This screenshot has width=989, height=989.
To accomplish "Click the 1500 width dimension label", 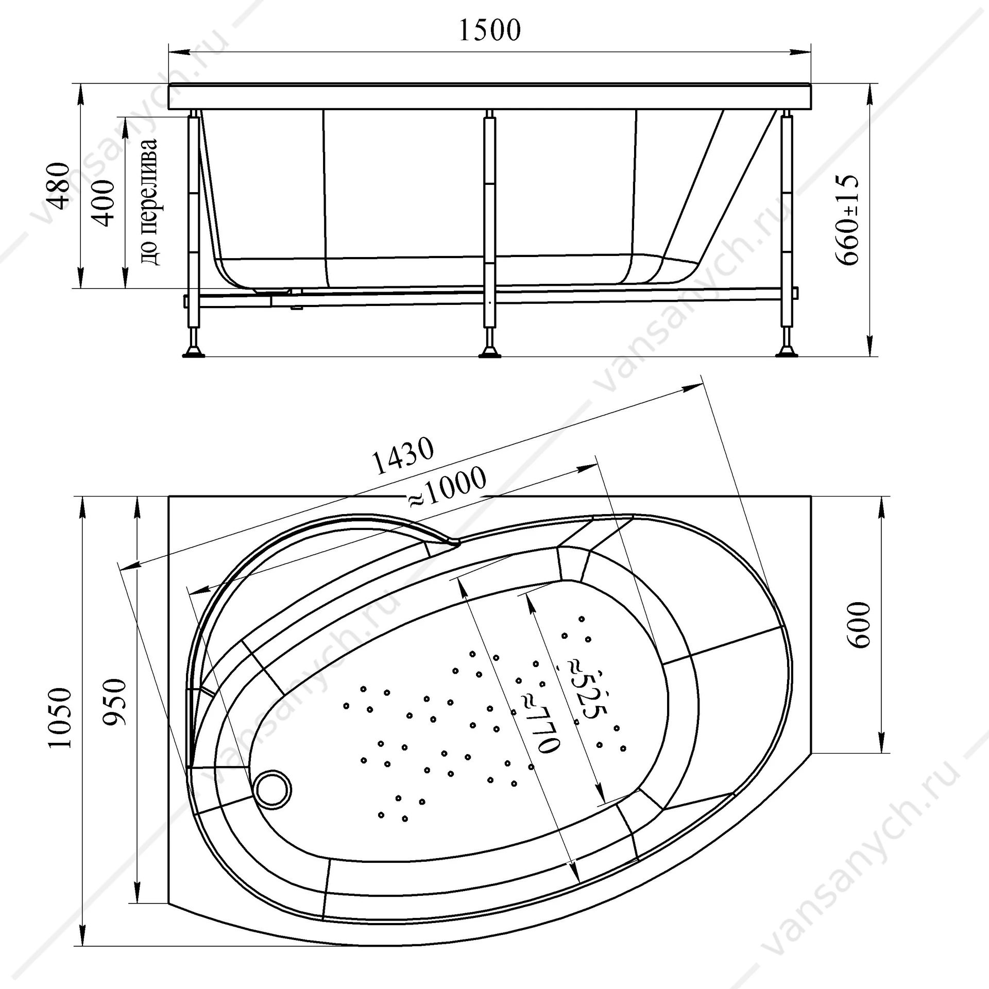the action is [x=489, y=30].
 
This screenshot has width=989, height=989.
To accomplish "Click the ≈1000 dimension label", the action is [x=447, y=486].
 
